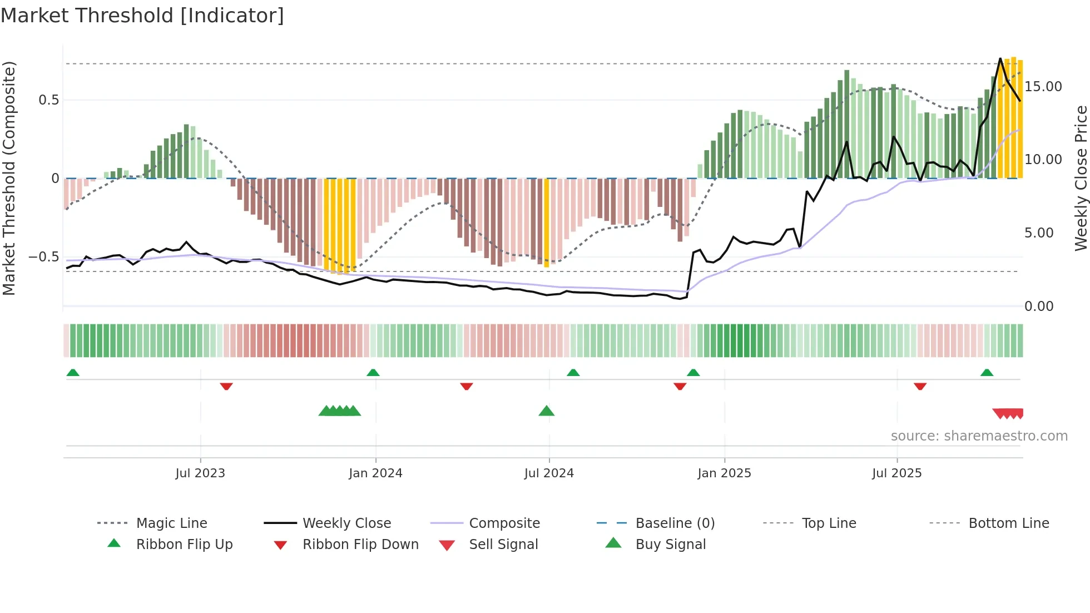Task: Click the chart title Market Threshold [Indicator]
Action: (142, 16)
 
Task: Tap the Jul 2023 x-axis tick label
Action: (200, 473)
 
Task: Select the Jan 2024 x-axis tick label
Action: (375, 473)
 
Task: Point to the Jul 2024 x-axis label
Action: (549, 473)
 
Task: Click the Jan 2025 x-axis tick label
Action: (724, 473)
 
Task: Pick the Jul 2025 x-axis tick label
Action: (896, 473)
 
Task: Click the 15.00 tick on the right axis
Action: (1043, 87)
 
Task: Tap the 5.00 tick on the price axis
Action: (1038, 233)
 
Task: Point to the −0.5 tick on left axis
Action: (43, 257)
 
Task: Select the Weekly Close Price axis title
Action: (1081, 178)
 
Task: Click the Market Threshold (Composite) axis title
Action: (9, 178)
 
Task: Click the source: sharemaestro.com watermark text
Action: (979, 436)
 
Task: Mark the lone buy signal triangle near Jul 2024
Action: (547, 411)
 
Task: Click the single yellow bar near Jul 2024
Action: (547, 223)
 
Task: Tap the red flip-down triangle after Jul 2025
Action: (920, 386)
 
